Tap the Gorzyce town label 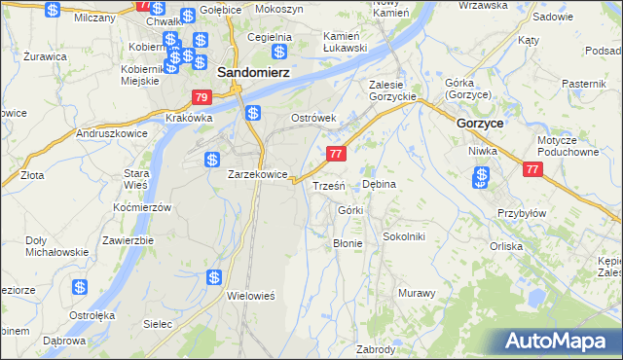point(480,124)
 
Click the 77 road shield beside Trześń point(336,154)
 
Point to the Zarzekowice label point(257,174)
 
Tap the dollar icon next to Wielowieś point(214,278)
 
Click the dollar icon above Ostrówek point(252,113)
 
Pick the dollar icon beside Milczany point(54,11)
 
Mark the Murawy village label point(417,292)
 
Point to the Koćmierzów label point(142,208)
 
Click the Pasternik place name point(583,85)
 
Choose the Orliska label point(533,246)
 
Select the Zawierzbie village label point(128,240)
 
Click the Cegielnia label point(270,37)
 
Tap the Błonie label point(348,243)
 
